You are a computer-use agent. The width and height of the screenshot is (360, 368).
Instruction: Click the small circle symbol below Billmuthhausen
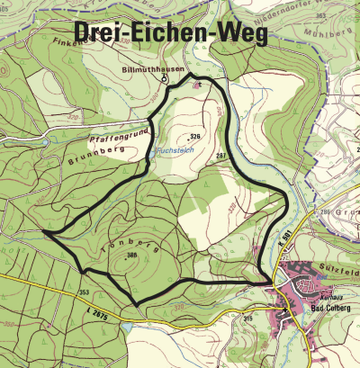click(165, 79)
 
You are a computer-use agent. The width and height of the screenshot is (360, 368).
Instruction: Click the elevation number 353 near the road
click(85, 292)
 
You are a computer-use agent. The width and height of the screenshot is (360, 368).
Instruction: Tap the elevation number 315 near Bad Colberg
click(247, 318)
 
